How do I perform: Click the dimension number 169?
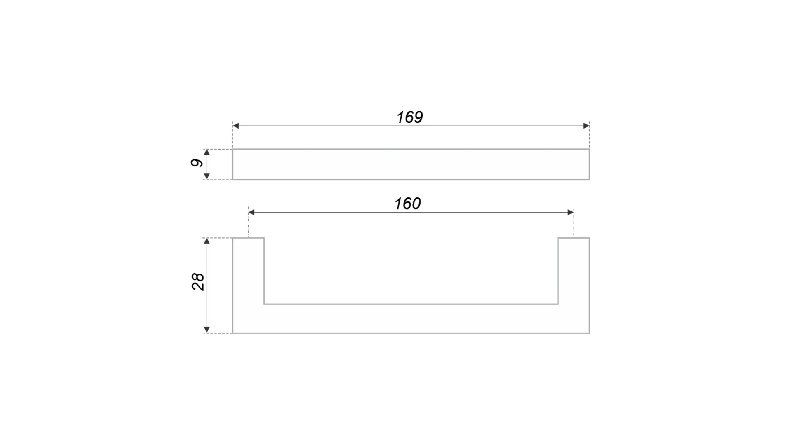pyautogui.click(x=409, y=117)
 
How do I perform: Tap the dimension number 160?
pyautogui.click(x=407, y=204)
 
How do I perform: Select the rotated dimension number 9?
pyautogui.click(x=197, y=163)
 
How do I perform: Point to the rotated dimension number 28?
pyautogui.click(x=198, y=282)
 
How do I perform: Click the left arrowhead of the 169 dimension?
pyautogui.click(x=236, y=126)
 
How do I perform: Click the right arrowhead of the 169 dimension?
pyautogui.click(x=586, y=126)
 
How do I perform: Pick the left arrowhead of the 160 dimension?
pyautogui.click(x=251, y=212)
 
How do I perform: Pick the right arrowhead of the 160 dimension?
pyautogui.click(x=571, y=212)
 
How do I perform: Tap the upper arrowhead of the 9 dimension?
pyautogui.click(x=207, y=152)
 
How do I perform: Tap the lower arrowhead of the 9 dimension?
pyautogui.click(x=207, y=176)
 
